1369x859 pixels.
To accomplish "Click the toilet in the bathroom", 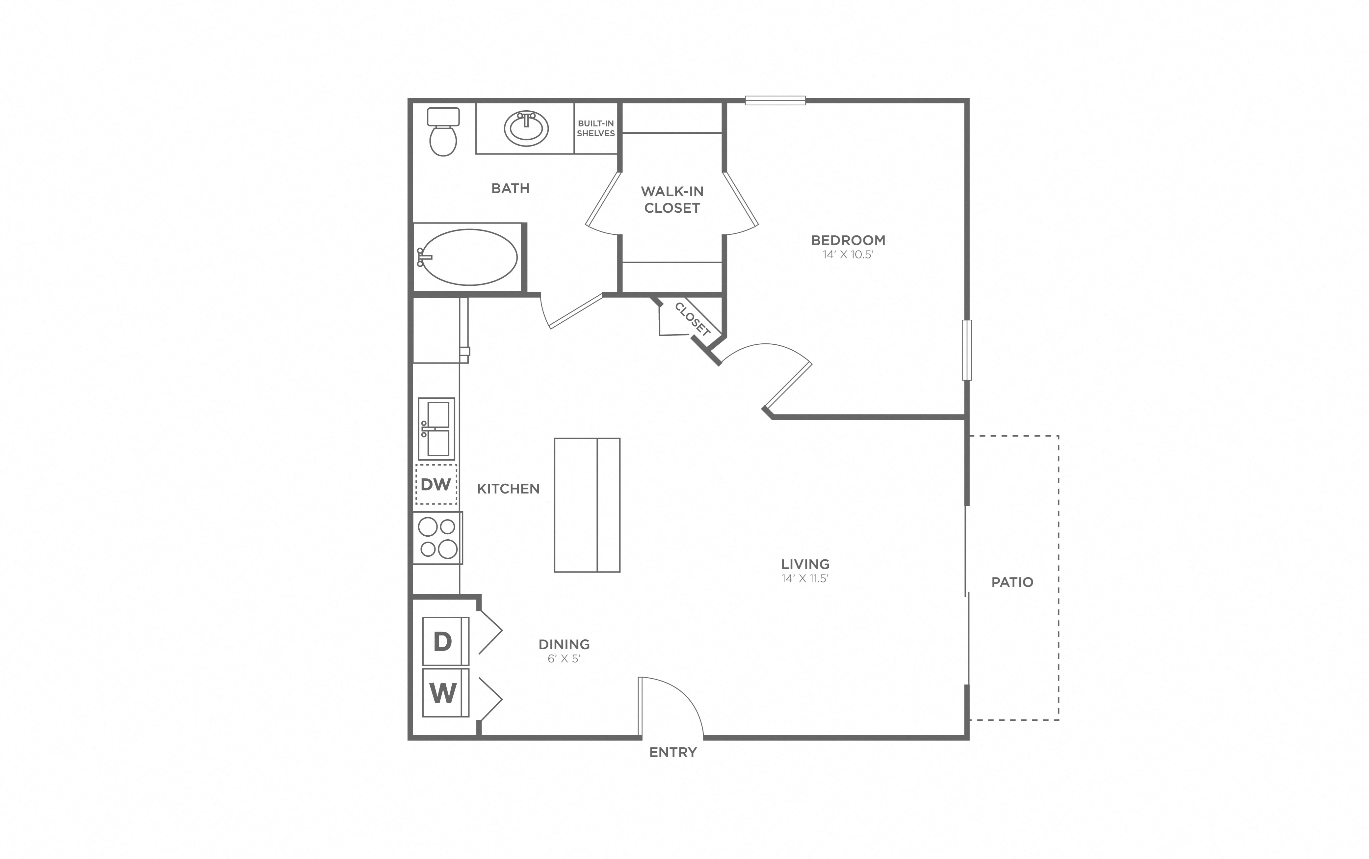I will pos(443,133).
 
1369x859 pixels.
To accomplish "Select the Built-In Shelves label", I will pos(596,128).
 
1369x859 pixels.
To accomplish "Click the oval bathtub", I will pos(469,257).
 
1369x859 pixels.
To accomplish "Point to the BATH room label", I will pos(510,188).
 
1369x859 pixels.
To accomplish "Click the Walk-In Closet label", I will pos(672,200).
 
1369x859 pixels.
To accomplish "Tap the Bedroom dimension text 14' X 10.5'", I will pos(847,255).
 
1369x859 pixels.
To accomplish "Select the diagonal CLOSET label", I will pos(692,319).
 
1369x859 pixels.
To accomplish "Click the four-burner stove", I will pos(437,537).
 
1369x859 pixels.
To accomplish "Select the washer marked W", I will pos(445,692).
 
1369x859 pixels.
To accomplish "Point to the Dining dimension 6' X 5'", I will pos(564,659).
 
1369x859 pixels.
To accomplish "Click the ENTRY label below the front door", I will pos(673,752).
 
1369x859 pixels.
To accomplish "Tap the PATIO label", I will pos(1012,582).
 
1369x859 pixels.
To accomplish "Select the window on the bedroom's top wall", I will pos(775,100).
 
